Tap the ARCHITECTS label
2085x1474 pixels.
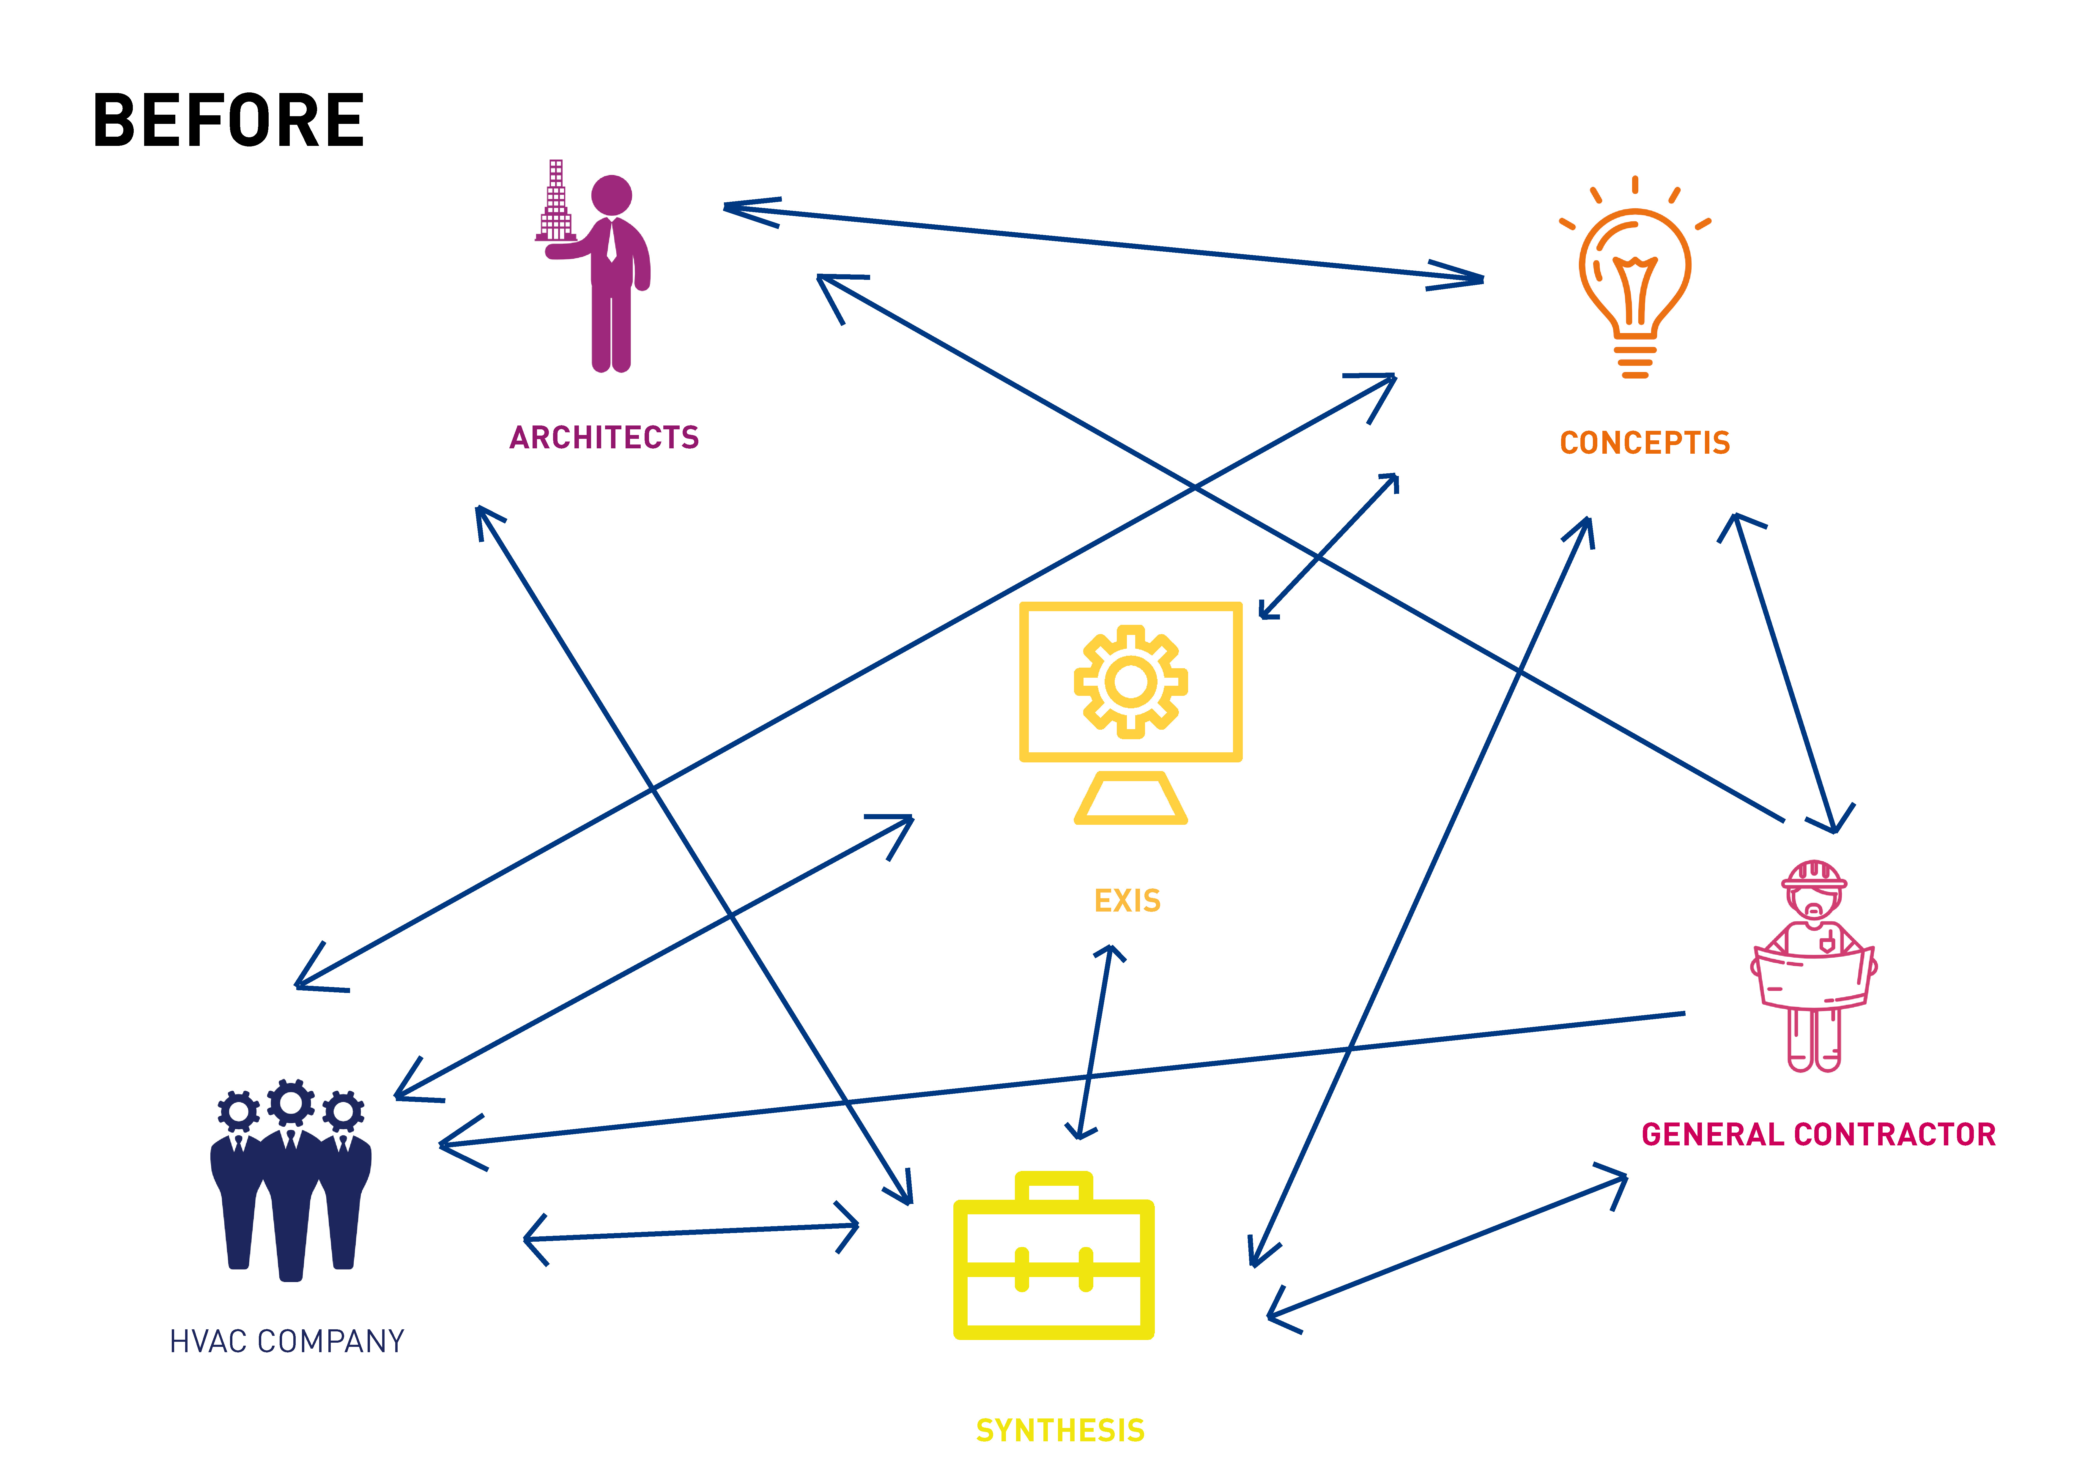[x=604, y=438]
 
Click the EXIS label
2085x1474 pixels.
[x=1127, y=901]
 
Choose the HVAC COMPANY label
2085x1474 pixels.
[x=287, y=1341]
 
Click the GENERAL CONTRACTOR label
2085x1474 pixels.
[x=1818, y=1134]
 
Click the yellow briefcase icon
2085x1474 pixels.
[x=1053, y=1262]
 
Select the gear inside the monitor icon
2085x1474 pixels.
[x=1130, y=681]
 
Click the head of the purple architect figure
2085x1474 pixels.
[x=611, y=195]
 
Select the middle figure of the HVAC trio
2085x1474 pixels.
[x=291, y=1181]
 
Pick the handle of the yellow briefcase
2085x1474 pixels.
[x=1053, y=1185]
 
